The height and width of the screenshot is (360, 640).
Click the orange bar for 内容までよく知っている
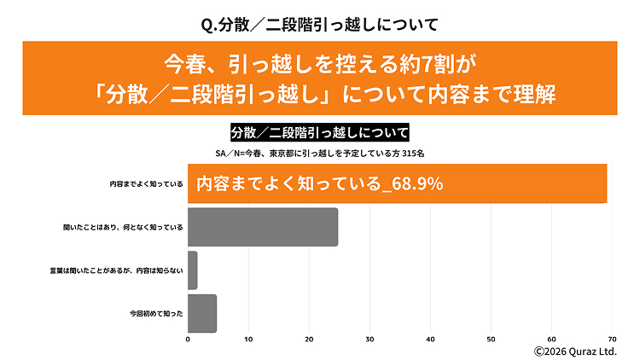point(397,183)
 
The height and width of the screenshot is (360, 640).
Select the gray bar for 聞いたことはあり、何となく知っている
point(263,227)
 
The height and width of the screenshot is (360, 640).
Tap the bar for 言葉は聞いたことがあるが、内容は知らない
point(192,270)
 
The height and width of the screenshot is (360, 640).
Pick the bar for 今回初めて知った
point(201,313)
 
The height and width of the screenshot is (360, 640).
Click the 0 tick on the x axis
point(188,340)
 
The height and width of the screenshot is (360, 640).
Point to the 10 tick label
point(248,340)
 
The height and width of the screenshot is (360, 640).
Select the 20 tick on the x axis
point(309,340)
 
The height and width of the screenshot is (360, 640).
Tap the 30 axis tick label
point(369,340)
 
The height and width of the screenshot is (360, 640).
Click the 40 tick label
point(430,340)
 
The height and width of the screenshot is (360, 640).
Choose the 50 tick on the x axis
point(491,340)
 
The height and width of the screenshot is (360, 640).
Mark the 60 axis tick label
point(551,340)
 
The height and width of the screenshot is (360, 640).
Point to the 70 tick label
point(612,340)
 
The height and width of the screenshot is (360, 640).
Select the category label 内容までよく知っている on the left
point(146,183)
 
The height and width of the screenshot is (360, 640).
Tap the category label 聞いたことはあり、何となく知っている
point(124,227)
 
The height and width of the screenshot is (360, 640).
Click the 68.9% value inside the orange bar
point(416,183)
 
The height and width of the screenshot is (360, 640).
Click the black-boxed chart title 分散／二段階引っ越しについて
point(319,133)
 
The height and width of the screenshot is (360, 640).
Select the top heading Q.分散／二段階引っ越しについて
point(319,23)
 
